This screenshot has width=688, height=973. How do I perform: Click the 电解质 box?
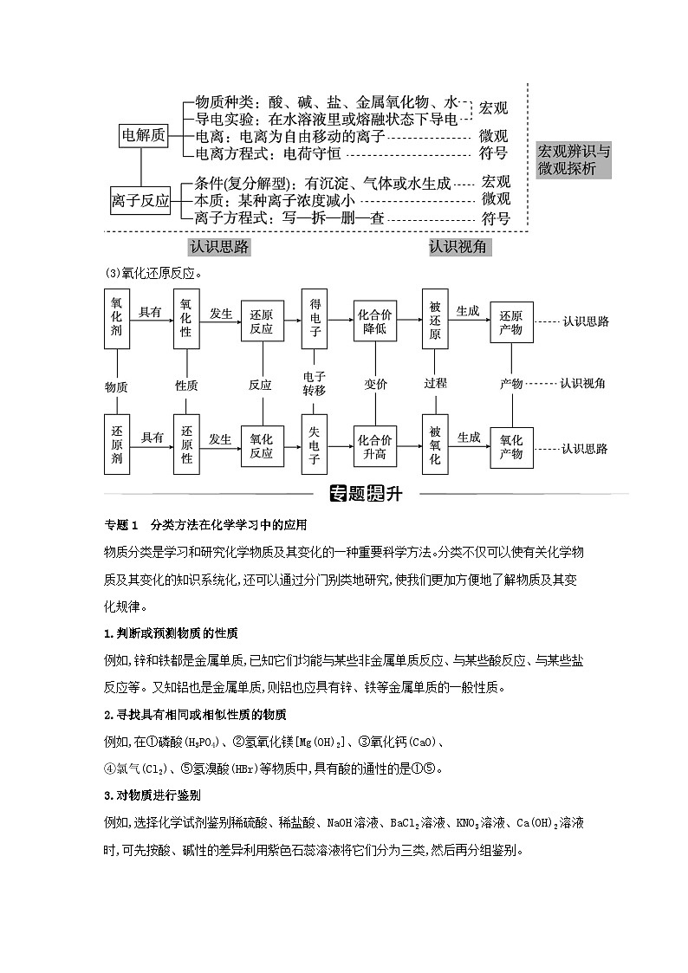coord(143,136)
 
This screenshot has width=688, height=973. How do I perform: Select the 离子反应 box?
coord(141,199)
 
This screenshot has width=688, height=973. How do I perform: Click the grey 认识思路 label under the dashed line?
coord(219,247)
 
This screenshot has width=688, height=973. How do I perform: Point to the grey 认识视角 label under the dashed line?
coord(458,247)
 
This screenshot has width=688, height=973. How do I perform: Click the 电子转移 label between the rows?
coord(314,383)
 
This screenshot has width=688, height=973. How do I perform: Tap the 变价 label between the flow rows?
coord(375,384)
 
